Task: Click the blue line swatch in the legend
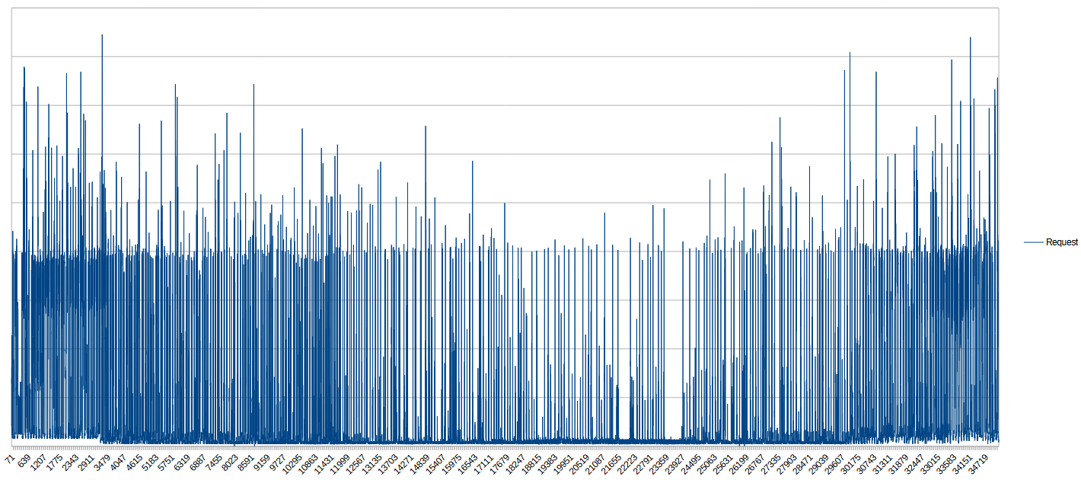tap(1034, 242)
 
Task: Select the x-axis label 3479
tap(102, 463)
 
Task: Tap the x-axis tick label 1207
tap(38, 463)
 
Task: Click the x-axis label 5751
tap(165, 463)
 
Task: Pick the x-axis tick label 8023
tap(229, 463)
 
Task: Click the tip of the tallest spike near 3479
tap(102, 34)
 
